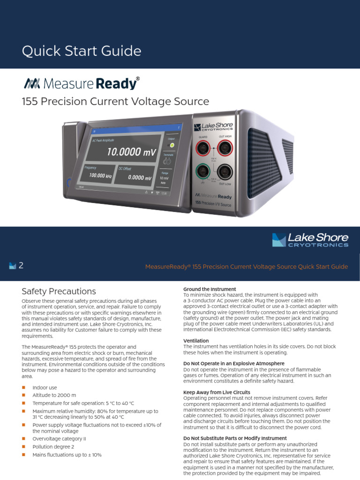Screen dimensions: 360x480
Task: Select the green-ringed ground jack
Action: click(x=203, y=170)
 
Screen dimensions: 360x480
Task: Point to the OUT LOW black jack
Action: click(x=225, y=171)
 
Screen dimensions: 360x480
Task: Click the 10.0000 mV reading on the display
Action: click(x=131, y=152)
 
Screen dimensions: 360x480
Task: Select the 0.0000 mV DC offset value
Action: click(x=140, y=178)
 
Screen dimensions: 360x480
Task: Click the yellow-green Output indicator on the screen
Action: click(x=172, y=145)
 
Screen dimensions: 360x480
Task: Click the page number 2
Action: click(x=21, y=266)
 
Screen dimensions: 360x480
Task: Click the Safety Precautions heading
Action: click(x=59, y=292)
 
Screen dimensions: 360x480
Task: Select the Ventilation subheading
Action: click(x=196, y=341)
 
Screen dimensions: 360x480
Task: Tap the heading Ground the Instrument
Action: click(x=210, y=289)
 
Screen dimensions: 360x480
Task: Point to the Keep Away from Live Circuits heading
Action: click(x=217, y=392)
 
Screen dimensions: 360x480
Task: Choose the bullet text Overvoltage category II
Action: click(x=59, y=439)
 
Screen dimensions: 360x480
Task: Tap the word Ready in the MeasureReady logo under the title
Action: click(x=116, y=84)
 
